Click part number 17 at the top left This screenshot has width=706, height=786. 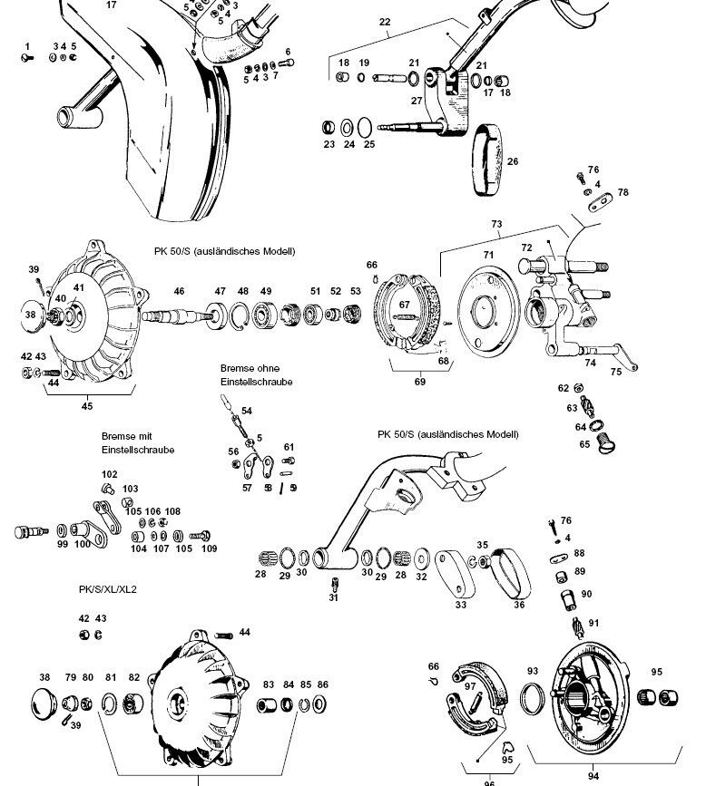click(x=112, y=5)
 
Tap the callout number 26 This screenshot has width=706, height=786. click(x=513, y=162)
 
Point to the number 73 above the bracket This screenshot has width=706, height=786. click(x=496, y=224)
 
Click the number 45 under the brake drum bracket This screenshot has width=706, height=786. click(x=87, y=405)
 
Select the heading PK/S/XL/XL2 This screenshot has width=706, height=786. click(x=107, y=589)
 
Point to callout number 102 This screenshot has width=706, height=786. click(x=109, y=474)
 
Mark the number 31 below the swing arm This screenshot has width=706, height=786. click(x=333, y=597)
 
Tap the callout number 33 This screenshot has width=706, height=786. click(x=461, y=605)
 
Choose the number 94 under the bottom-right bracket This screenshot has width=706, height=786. click(x=593, y=775)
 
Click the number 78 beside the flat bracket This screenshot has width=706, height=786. click(x=623, y=192)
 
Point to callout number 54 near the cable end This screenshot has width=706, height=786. click(x=247, y=412)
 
